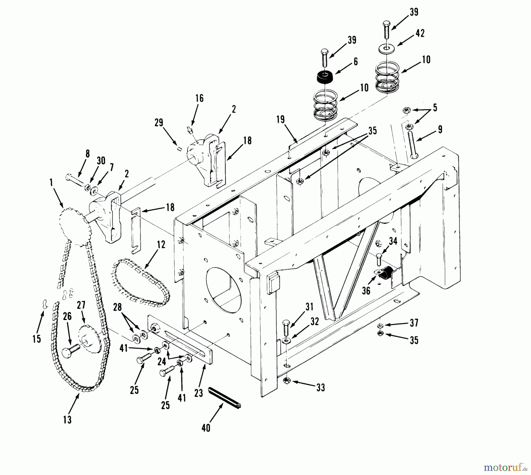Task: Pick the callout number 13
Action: tap(67, 420)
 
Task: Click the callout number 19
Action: tap(281, 119)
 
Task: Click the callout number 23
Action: tap(199, 393)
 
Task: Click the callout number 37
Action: tap(414, 323)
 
